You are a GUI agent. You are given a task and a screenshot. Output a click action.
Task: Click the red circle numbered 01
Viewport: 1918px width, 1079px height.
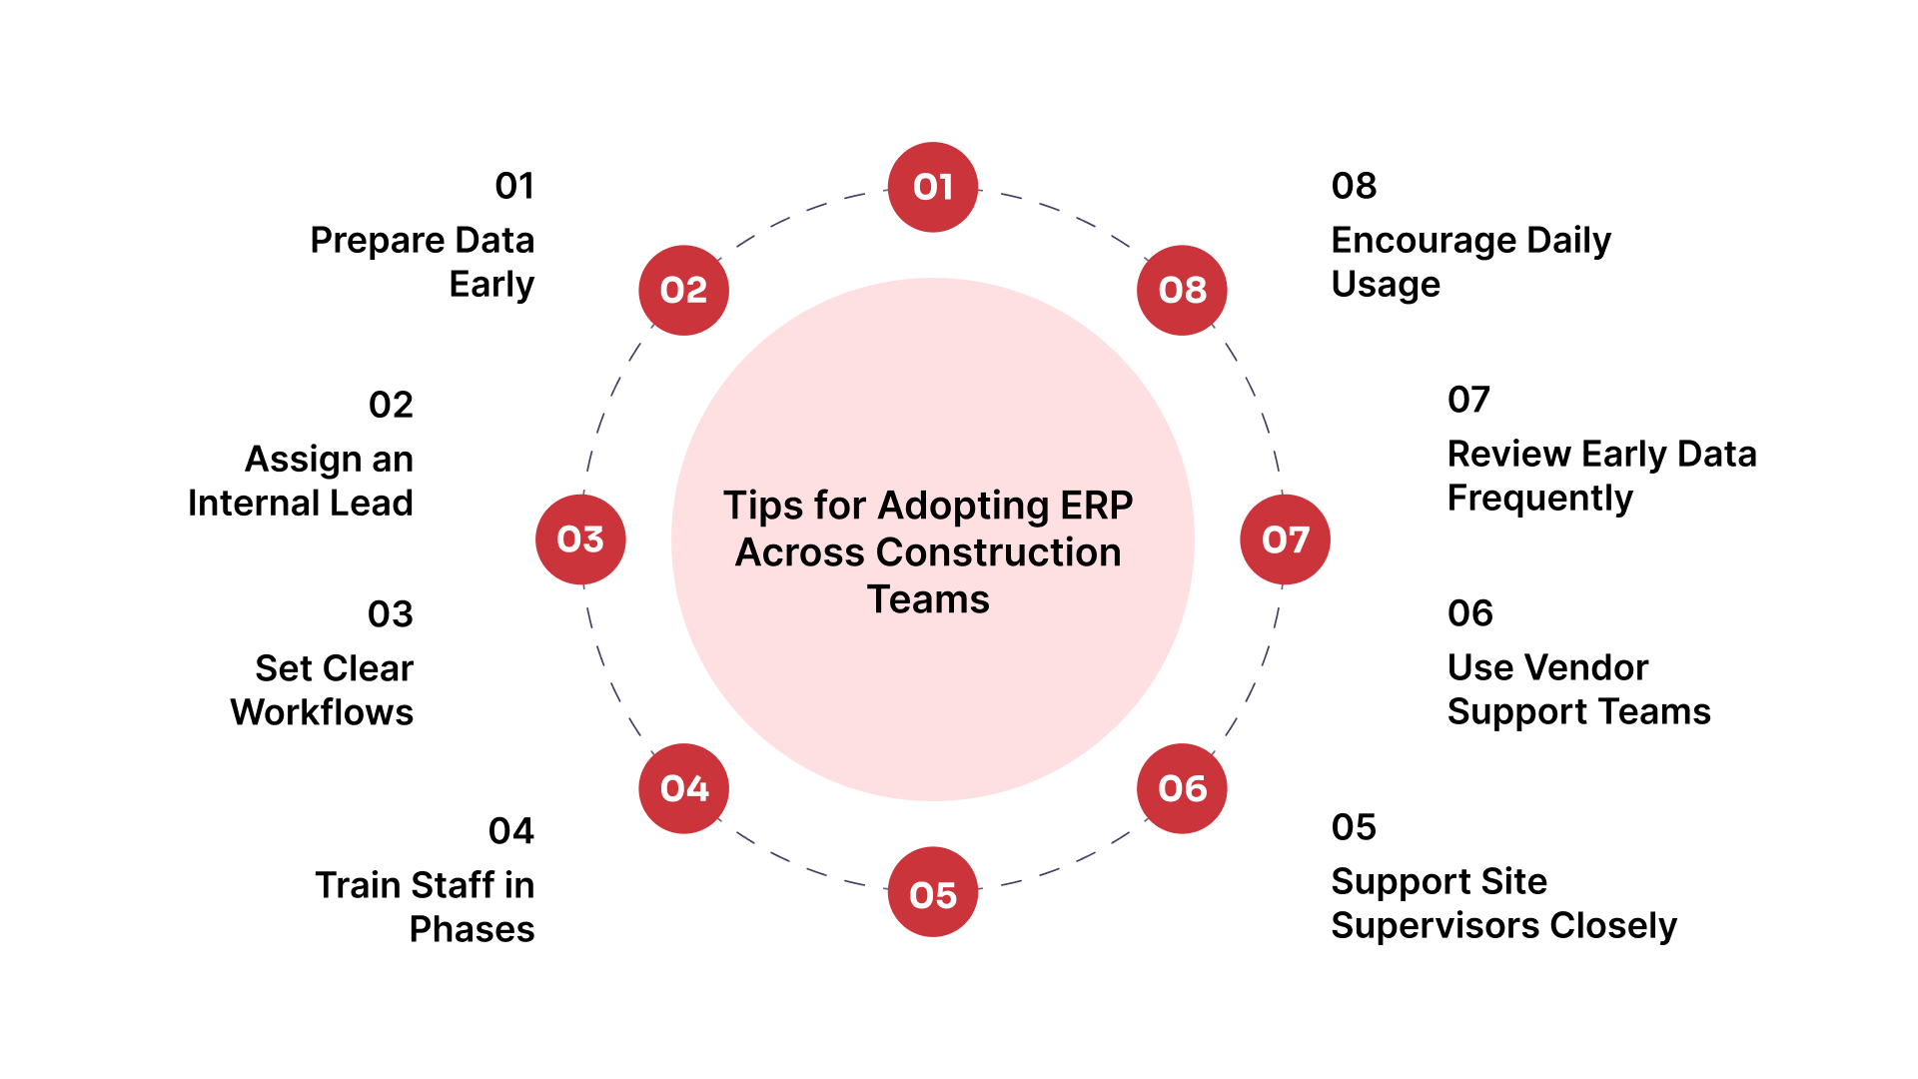932,187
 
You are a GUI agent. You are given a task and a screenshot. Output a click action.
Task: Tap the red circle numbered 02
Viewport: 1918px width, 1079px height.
683,290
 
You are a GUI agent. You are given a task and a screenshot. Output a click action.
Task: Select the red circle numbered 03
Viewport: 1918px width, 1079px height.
580,539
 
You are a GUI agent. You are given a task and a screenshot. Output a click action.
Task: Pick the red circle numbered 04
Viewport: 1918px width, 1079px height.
683,788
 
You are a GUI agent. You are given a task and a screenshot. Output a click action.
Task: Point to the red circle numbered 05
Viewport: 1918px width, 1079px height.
932,892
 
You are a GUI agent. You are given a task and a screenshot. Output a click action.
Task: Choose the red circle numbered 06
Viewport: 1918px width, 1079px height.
1182,788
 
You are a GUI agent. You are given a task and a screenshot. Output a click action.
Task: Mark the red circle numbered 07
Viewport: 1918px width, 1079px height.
1285,539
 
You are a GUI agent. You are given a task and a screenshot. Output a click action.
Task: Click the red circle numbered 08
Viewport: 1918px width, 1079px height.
1182,290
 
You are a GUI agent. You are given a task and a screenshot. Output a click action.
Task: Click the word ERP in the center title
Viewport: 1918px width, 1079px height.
1096,506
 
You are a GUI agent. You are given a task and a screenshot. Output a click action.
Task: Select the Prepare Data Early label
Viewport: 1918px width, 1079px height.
422,262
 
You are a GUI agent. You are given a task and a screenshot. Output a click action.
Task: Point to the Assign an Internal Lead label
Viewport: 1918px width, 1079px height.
301,481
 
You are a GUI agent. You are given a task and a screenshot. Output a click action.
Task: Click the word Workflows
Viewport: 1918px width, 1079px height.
322,712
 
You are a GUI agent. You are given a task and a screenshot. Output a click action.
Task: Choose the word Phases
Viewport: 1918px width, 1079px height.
472,929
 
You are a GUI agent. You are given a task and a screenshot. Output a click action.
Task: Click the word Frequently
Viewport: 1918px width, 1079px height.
1539,499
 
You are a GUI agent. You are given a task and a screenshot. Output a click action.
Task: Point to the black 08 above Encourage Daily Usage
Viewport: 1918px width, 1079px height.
1354,186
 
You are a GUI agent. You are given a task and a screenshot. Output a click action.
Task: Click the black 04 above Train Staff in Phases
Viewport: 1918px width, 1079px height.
510,831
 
